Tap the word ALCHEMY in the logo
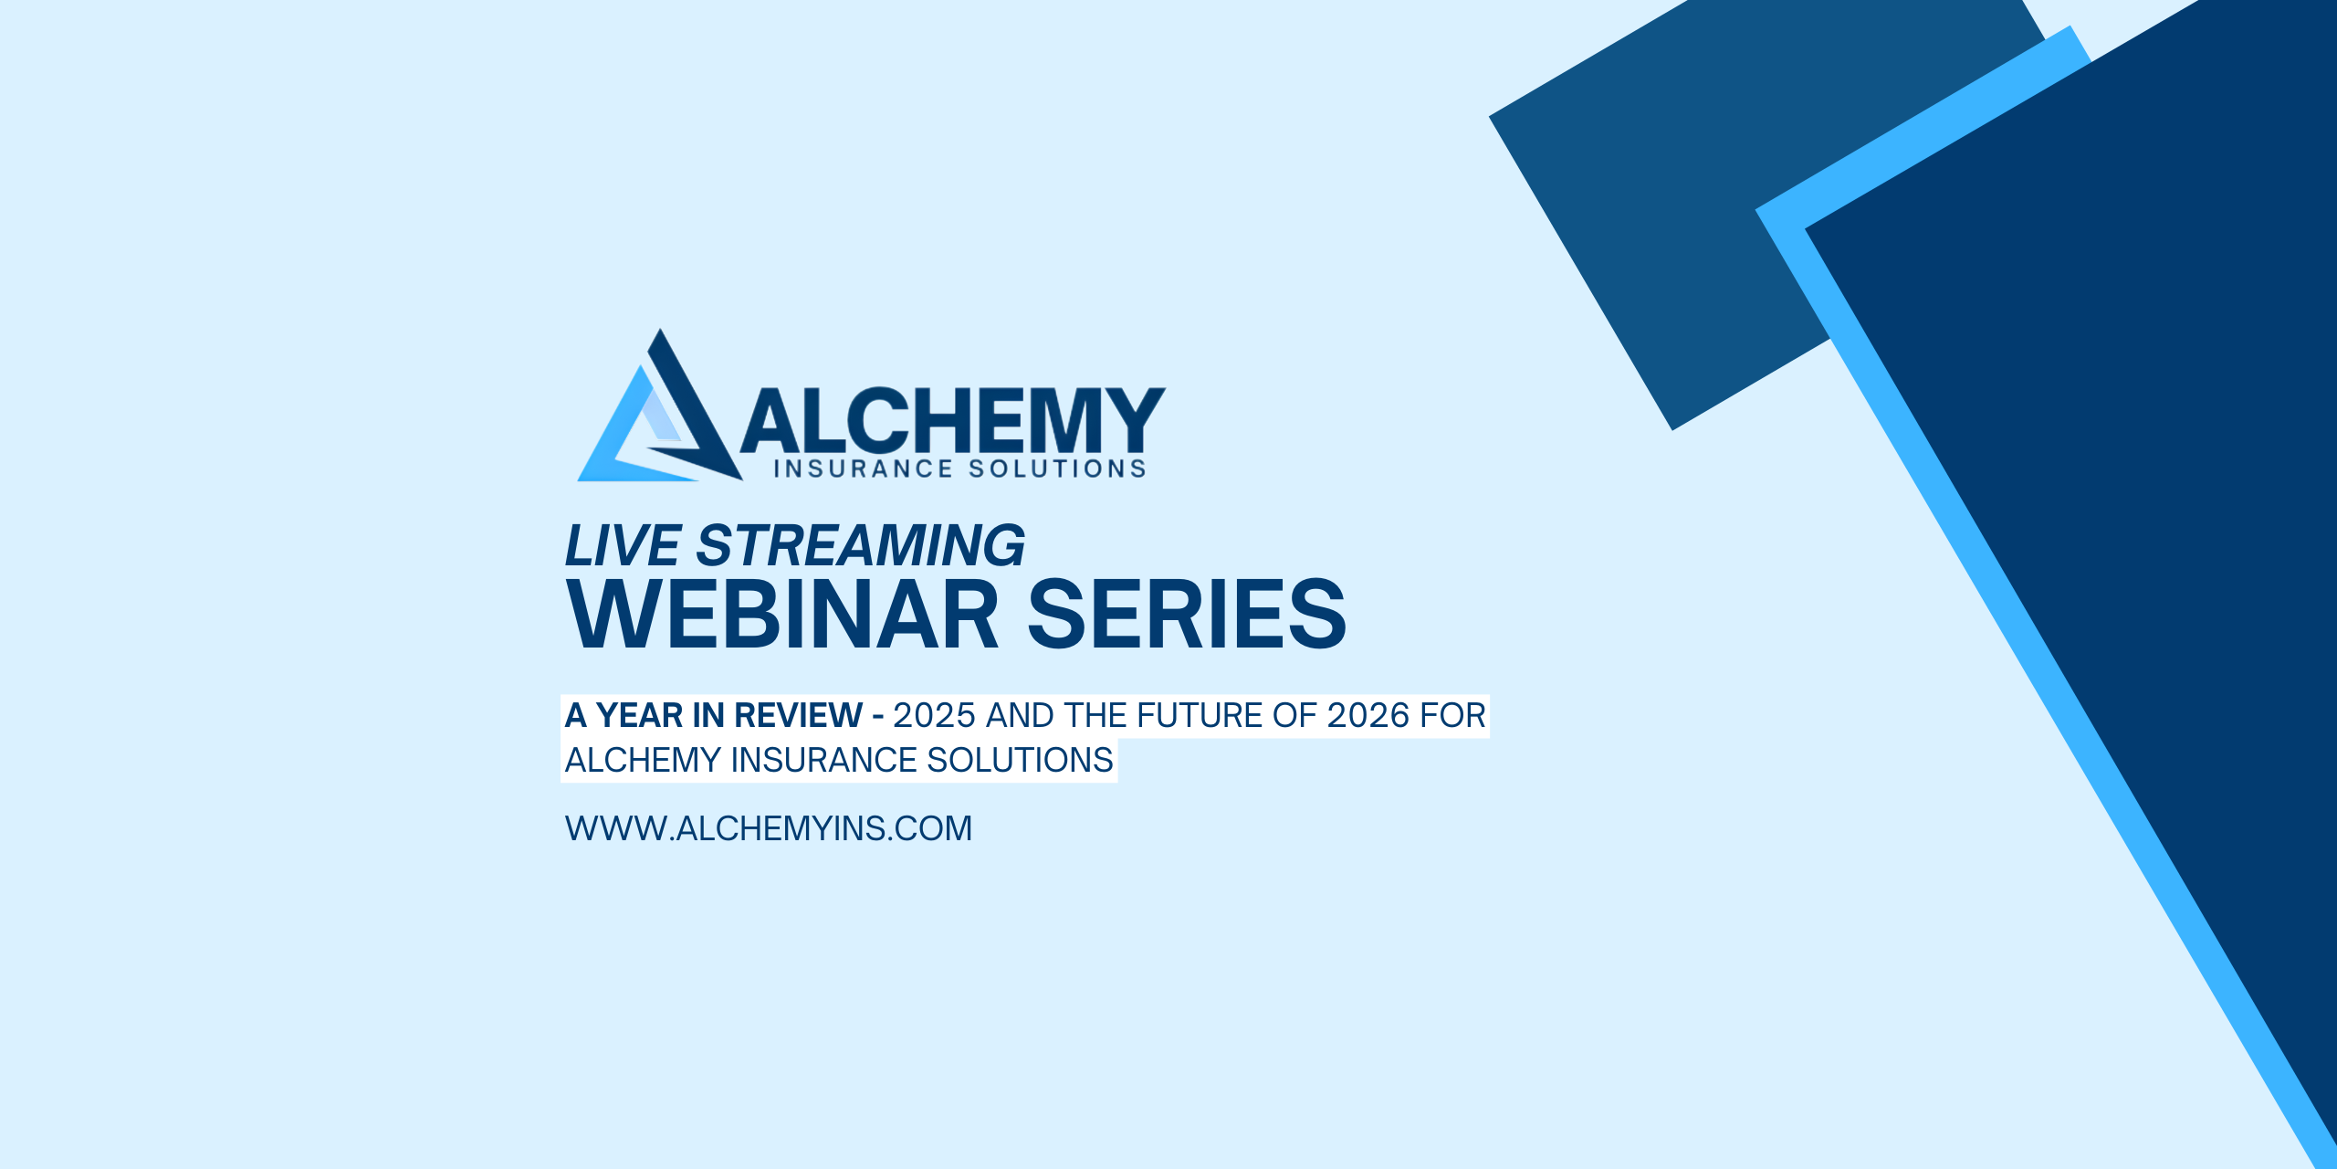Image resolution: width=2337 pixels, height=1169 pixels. [952, 419]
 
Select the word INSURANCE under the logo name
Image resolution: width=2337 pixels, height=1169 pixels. [864, 469]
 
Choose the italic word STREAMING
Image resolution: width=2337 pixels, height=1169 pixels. [861, 545]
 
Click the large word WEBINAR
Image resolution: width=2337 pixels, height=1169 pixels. [782, 614]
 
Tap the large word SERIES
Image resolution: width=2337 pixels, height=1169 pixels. [1187, 614]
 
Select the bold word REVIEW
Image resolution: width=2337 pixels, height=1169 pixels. [798, 715]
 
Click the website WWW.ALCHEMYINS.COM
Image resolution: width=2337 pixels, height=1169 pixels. [769, 828]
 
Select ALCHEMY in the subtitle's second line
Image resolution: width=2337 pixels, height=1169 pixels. [643, 760]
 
